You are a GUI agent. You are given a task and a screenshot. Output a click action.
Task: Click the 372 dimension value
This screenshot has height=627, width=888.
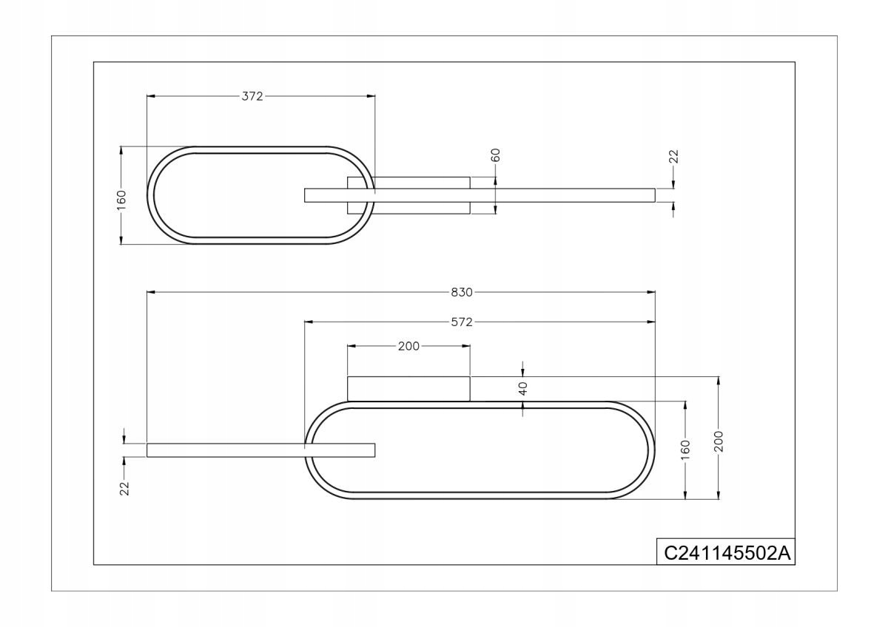[252, 96]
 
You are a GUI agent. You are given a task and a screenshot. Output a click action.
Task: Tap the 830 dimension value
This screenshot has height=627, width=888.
[462, 292]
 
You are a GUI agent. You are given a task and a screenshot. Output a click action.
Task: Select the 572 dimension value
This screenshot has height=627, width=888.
[462, 322]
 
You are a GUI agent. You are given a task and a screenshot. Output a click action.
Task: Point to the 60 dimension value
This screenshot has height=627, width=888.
[496, 155]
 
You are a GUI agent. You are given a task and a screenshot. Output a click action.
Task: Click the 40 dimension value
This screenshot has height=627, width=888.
[523, 388]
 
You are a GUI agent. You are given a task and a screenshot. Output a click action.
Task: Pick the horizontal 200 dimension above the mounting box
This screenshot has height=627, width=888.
[408, 346]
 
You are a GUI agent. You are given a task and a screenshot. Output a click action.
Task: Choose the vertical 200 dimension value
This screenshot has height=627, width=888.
[718, 441]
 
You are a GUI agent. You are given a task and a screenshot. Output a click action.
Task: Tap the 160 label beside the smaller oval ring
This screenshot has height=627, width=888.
[121, 199]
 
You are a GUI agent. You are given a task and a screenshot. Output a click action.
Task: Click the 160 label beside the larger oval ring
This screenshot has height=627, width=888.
[685, 449]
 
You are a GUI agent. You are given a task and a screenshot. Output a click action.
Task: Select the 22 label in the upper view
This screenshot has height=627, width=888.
[673, 156]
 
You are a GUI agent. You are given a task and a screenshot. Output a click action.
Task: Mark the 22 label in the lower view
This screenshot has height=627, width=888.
[124, 487]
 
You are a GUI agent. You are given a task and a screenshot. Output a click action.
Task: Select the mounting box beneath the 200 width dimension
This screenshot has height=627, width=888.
[408, 388]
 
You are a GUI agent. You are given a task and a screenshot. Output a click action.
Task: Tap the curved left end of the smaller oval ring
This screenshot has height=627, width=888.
[151, 196]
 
